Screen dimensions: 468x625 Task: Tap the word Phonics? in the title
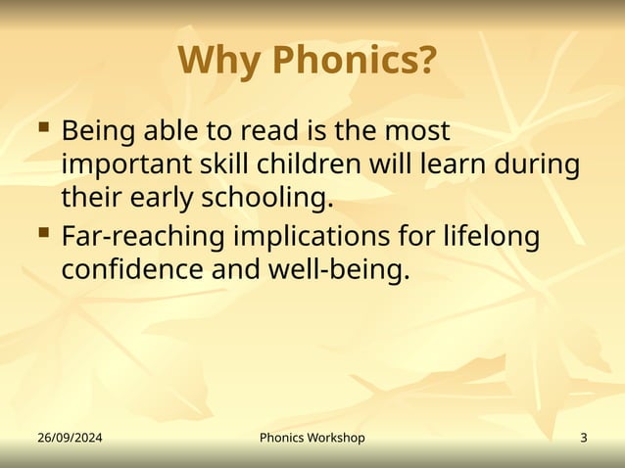pos(354,61)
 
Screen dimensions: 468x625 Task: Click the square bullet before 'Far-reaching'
pos(43,233)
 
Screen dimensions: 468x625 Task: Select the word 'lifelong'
pos(494,237)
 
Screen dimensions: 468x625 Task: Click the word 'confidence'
pos(132,270)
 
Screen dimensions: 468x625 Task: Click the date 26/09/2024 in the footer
pos(70,438)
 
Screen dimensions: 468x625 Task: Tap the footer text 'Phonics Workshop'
pos(312,438)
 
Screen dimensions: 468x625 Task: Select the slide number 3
pos(584,438)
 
